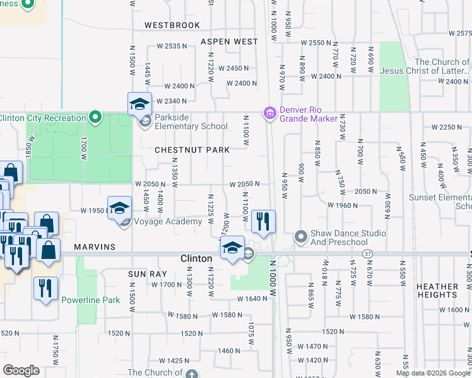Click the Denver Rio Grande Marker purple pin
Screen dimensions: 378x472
[270, 114]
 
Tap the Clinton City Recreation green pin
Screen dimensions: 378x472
[95, 117]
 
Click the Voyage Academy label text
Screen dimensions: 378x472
[167, 221]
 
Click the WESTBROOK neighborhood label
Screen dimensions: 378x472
[172, 26]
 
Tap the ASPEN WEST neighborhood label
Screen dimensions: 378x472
[229, 42]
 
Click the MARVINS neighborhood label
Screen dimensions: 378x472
[94, 247]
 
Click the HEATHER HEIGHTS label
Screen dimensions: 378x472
[437, 290]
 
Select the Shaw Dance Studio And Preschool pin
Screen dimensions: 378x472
[300, 237]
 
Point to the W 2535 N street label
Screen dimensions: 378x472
[173, 47]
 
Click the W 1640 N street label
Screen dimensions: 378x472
[252, 299]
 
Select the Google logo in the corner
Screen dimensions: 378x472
[21, 370]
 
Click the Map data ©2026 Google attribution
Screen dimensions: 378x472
[434, 373]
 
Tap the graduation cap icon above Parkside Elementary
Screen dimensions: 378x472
[139, 103]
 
